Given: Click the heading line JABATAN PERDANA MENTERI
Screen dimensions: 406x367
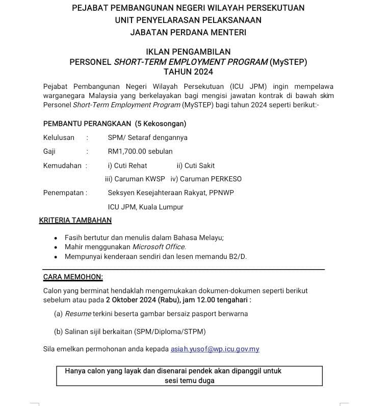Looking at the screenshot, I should (188, 32).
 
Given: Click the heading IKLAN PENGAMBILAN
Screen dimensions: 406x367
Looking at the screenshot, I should (188, 52).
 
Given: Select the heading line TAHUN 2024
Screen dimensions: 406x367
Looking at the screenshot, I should (188, 71).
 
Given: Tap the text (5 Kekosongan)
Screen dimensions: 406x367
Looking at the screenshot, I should (161, 124).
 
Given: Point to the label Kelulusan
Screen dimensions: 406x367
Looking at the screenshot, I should (59, 137).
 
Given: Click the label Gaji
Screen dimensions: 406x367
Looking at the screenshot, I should (49, 151).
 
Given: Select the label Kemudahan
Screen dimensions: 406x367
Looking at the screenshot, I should (62, 165).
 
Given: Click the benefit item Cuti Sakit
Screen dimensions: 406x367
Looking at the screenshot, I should (196, 165).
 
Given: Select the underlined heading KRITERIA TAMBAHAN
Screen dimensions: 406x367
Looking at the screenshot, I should (75, 221).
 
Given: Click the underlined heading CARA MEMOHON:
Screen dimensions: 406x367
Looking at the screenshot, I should (73, 277).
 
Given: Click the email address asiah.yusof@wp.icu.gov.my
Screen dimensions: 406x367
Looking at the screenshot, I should (215, 349).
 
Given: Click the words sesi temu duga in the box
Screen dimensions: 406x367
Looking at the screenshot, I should (189, 380).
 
